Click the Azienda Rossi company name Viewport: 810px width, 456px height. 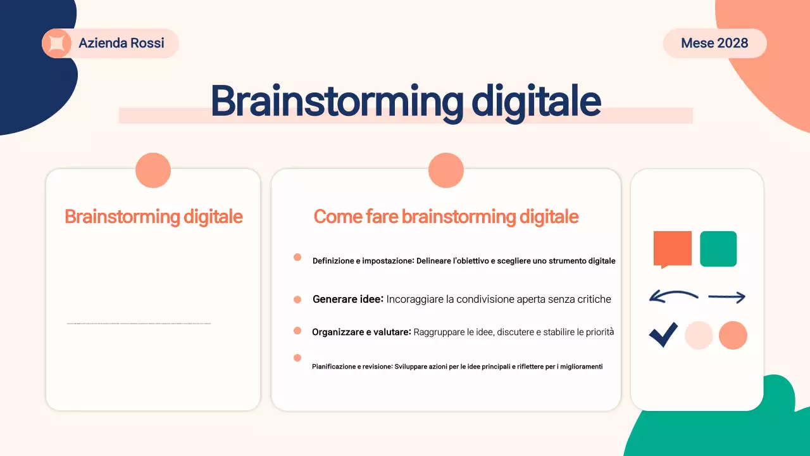[x=121, y=43]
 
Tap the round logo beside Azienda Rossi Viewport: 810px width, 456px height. [x=56, y=43]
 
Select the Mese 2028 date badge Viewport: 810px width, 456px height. [x=714, y=43]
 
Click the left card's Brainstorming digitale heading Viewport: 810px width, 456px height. [x=154, y=217]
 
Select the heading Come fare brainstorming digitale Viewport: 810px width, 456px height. [x=446, y=217]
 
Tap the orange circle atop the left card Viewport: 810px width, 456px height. [x=153, y=170]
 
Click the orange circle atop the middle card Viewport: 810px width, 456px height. [x=446, y=170]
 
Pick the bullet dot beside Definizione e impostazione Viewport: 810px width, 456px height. [x=297, y=257]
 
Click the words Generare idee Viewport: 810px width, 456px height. [x=348, y=299]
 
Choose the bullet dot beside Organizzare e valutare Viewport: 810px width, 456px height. [x=297, y=331]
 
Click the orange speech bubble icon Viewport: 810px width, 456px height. [x=672, y=248]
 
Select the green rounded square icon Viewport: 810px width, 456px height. [x=718, y=248]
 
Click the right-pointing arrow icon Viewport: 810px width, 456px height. [x=726, y=296]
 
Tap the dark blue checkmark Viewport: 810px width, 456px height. [x=663, y=335]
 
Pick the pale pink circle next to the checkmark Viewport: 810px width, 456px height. [x=699, y=335]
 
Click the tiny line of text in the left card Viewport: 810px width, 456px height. [x=139, y=323]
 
